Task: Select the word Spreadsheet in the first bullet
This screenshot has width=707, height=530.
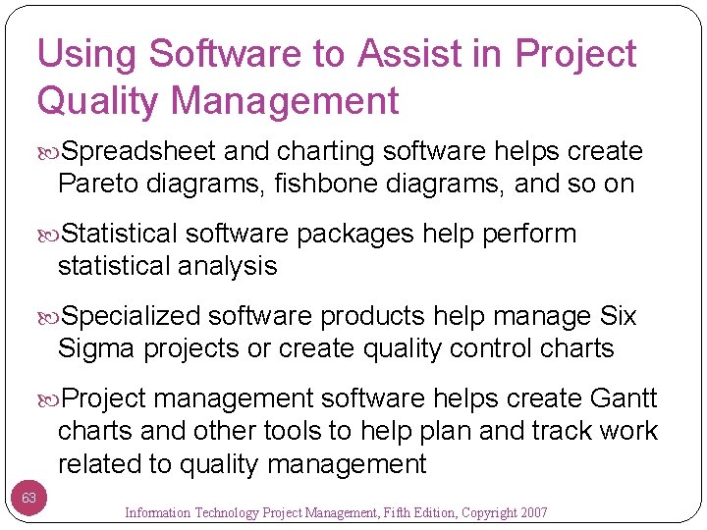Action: pos(139,152)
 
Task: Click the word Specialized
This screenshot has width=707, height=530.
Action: pos(132,317)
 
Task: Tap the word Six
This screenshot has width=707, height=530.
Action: pos(618,317)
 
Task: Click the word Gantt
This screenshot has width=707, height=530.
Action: pos(623,399)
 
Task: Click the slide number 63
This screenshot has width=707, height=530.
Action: pos(29,499)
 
